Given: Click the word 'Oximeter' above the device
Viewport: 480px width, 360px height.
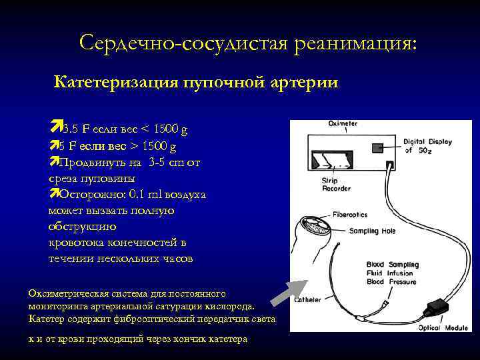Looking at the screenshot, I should tap(343, 124).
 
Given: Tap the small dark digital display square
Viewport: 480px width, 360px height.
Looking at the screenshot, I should tap(378, 146).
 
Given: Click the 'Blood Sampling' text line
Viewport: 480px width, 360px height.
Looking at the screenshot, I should tap(393, 265).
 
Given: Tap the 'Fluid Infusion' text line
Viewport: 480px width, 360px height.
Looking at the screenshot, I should tap(390, 273).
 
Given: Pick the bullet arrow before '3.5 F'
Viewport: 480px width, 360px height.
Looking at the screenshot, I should tap(55, 127).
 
